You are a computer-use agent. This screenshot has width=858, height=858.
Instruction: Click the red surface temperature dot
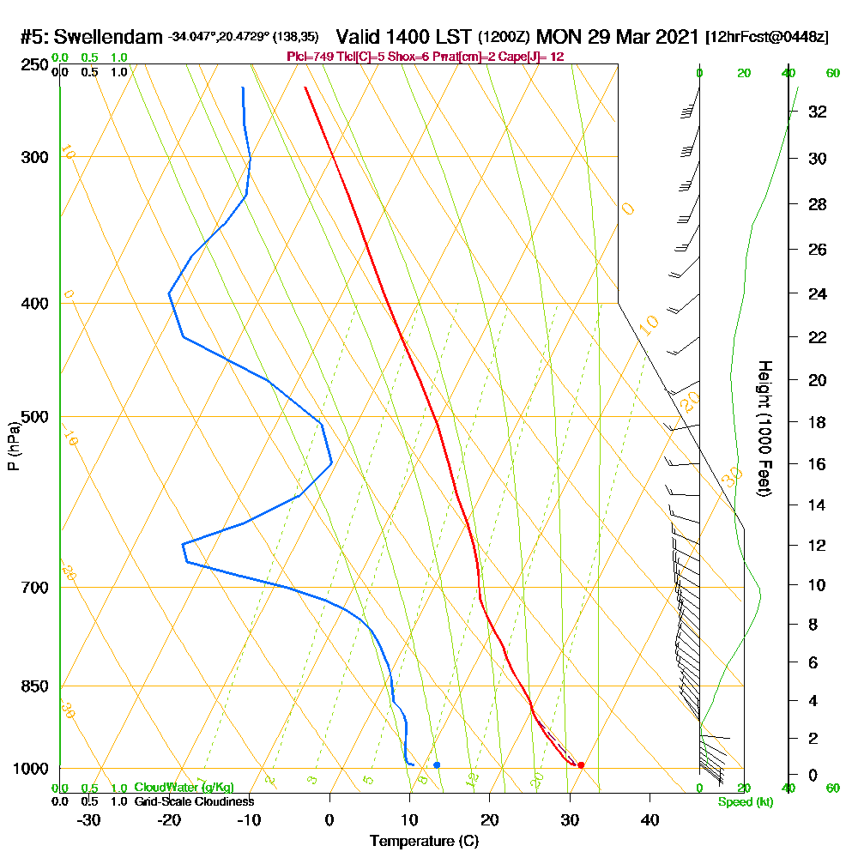pyautogui.click(x=581, y=764)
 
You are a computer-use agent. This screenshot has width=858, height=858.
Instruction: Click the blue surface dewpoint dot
pyautogui.click(x=437, y=764)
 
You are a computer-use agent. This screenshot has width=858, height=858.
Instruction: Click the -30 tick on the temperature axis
pyautogui.click(x=88, y=819)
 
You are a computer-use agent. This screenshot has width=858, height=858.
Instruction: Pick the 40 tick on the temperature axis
pyautogui.click(x=650, y=819)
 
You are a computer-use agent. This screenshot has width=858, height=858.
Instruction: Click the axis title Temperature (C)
pyautogui.click(x=424, y=841)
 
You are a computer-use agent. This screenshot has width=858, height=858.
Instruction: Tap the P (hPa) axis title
pyautogui.click(x=14, y=445)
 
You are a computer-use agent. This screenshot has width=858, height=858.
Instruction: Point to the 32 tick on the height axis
pyautogui.click(x=817, y=112)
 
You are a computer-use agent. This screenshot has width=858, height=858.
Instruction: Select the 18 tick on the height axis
pyautogui.click(x=817, y=422)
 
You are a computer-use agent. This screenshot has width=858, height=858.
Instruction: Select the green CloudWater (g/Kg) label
pyautogui.click(x=183, y=788)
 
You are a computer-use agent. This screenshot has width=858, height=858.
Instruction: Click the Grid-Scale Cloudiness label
pyautogui.click(x=193, y=801)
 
